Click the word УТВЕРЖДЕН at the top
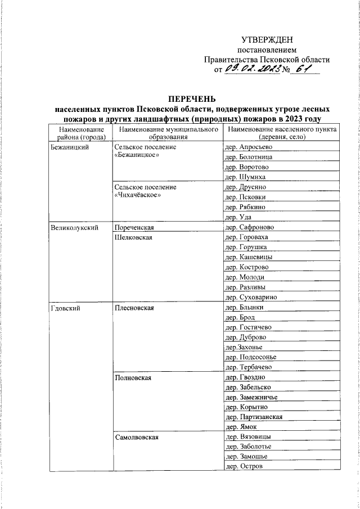click(x=267, y=39)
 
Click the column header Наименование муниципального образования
click(x=168, y=133)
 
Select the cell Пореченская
click(x=134, y=228)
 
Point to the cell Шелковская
click(x=133, y=238)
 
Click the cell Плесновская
click(x=134, y=308)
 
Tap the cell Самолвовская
click(x=136, y=437)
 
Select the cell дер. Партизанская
click(x=253, y=417)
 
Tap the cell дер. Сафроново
click(x=249, y=228)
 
